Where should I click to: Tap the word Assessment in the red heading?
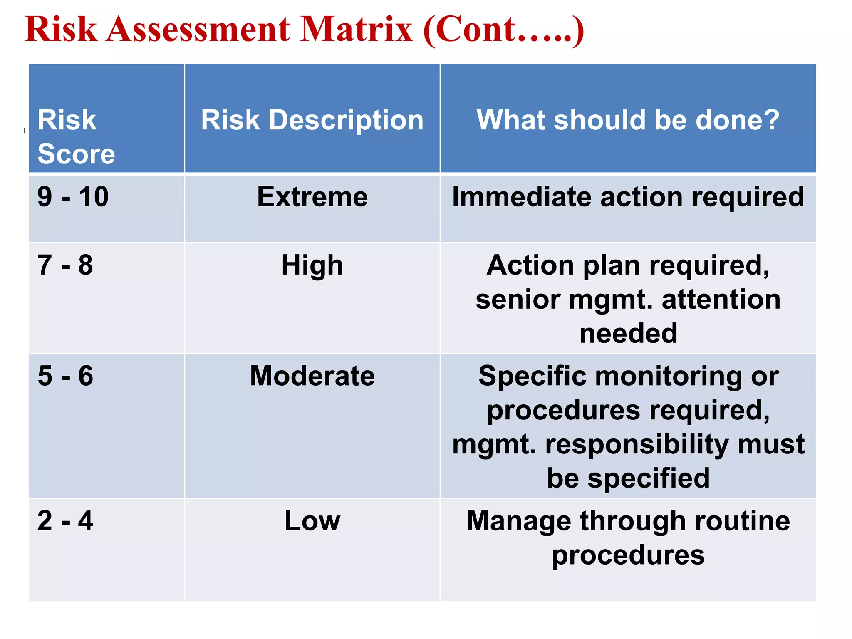click(x=198, y=29)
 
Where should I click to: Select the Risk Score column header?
click(x=76, y=136)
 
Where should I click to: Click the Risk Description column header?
click(x=312, y=120)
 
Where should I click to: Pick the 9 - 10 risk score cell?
click(x=73, y=196)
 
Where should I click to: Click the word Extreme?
click(x=312, y=196)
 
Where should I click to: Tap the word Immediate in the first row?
click(x=521, y=196)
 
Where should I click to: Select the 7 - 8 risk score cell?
click(x=65, y=265)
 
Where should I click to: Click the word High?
click(x=312, y=265)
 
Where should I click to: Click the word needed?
click(x=628, y=334)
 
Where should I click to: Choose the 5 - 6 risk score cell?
click(x=65, y=376)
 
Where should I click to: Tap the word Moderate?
click(x=312, y=376)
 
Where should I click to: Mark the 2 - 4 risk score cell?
click(x=65, y=520)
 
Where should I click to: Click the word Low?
click(x=312, y=520)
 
